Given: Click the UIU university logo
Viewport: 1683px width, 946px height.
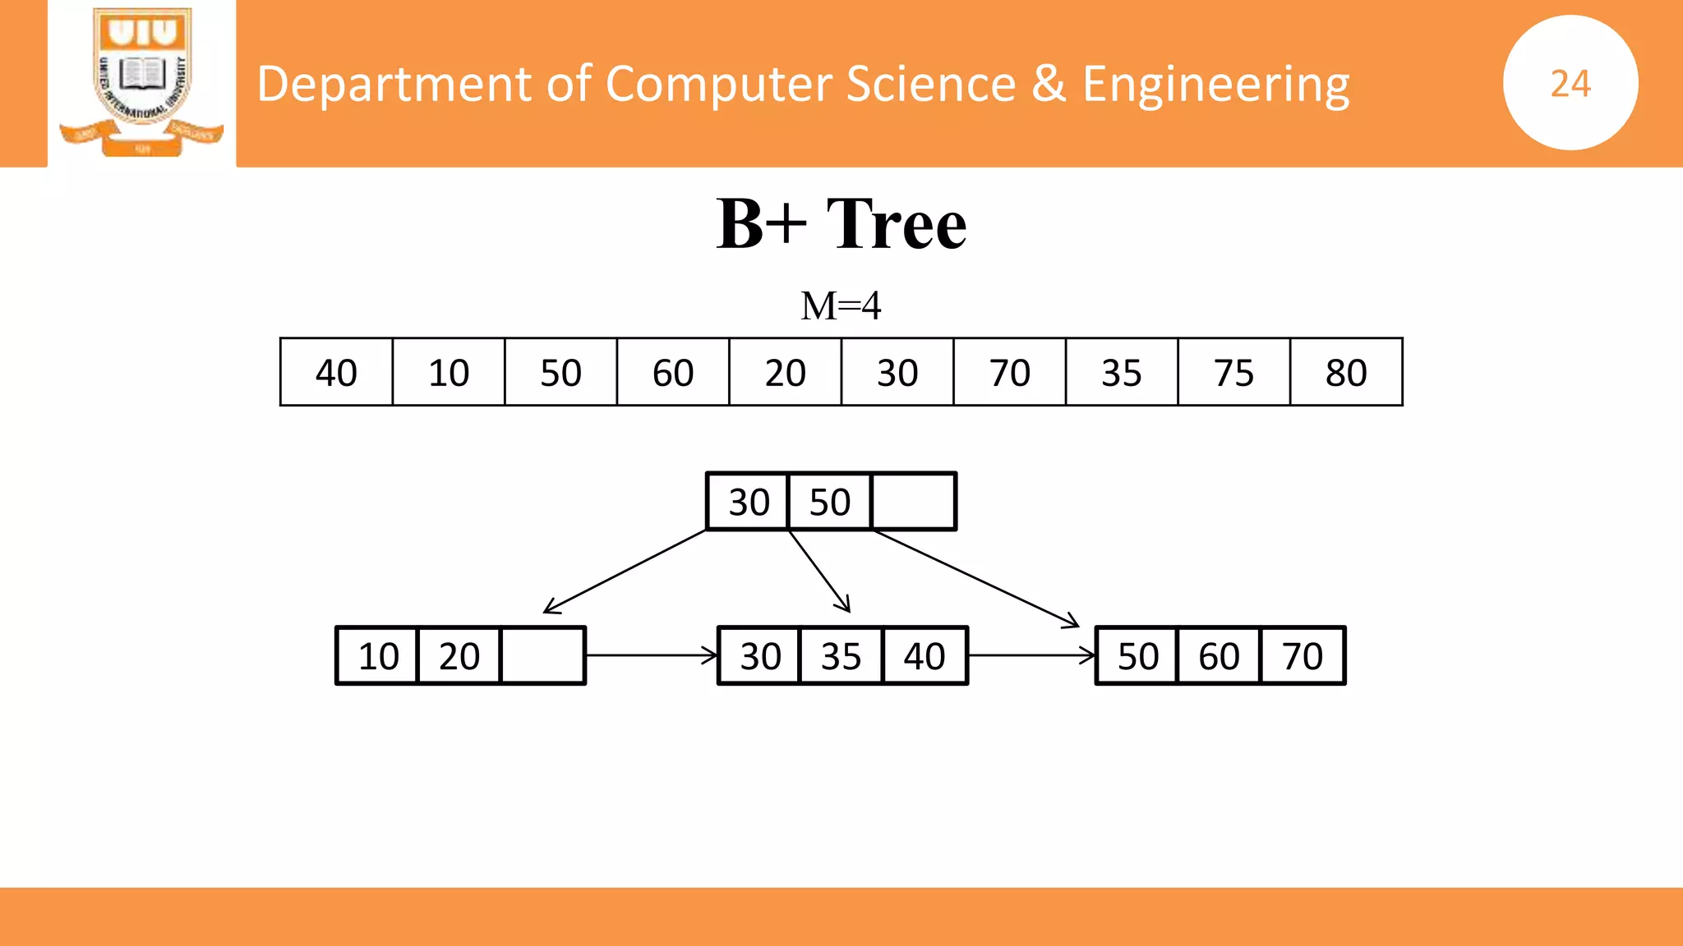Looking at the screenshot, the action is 142,82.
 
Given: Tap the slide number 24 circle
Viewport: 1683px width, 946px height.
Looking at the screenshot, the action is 1570,83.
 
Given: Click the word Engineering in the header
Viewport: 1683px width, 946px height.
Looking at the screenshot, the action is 1215,85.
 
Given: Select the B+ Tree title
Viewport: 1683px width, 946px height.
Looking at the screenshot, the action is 841,223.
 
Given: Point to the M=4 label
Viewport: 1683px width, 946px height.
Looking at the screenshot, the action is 841,305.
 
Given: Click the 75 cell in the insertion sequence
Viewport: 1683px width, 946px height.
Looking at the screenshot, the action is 1233,372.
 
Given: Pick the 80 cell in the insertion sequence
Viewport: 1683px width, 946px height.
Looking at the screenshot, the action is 1346,372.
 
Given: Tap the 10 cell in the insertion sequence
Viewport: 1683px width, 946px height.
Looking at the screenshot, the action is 449,372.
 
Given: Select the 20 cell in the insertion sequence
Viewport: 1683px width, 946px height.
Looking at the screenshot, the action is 785,372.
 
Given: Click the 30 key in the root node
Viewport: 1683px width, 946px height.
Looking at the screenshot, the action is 749,502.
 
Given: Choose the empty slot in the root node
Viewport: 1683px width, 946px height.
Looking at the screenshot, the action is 913,502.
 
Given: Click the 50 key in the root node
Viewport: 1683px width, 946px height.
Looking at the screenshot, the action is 829,502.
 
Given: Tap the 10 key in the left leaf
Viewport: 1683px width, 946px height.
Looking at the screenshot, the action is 378,656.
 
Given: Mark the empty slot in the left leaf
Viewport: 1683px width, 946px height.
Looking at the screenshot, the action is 542,656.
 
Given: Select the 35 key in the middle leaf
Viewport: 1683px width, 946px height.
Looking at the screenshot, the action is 841,656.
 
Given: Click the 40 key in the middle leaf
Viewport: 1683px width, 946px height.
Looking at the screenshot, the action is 924,656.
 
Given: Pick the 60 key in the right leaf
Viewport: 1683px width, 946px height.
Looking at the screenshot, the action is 1219,656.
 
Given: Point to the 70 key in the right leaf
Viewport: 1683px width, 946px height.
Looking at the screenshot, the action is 1303,656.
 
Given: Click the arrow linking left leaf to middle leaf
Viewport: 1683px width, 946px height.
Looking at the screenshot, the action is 652,655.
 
